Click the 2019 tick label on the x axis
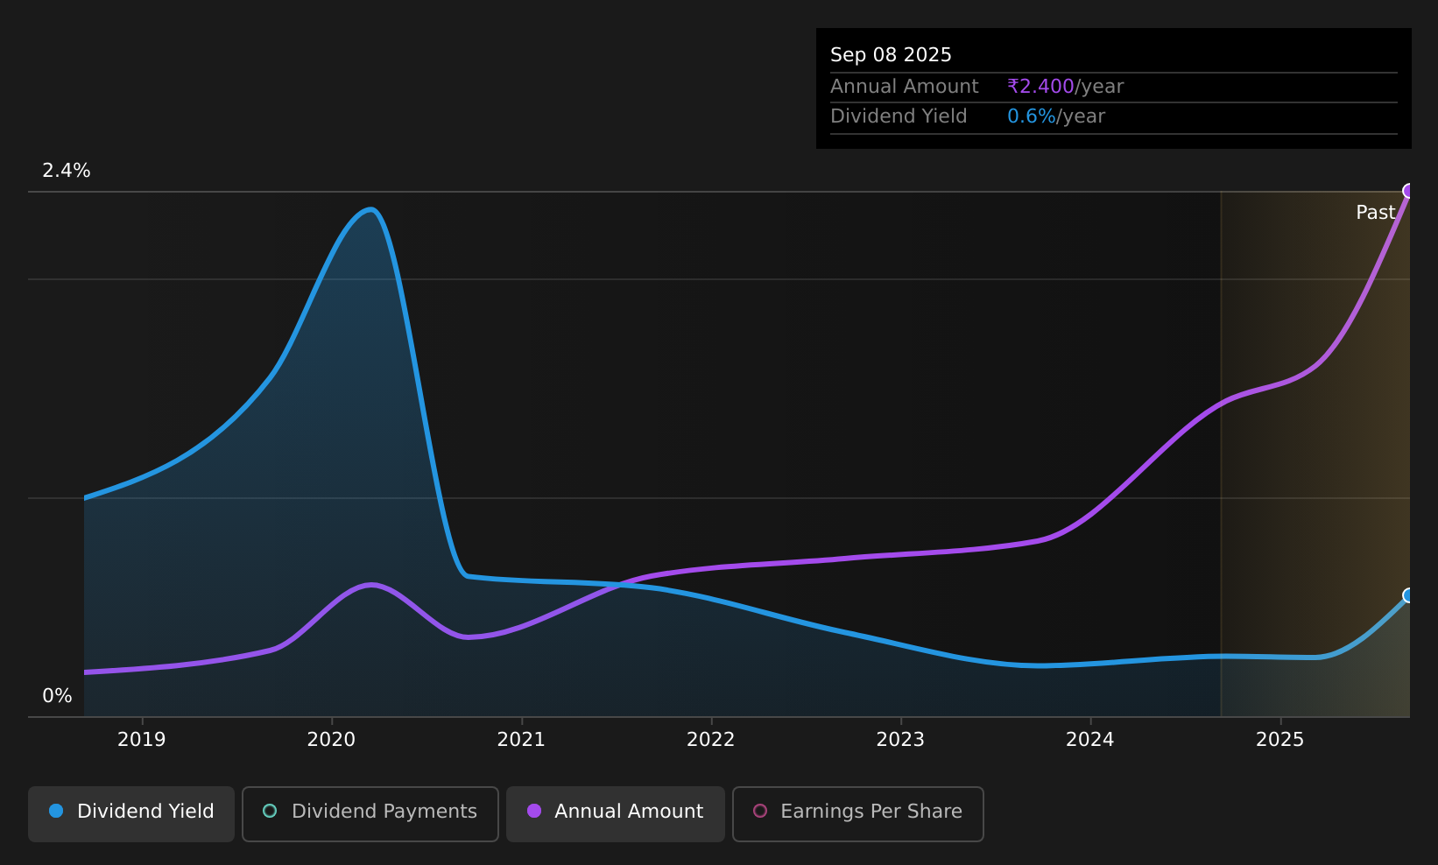pyautogui.click(x=141, y=740)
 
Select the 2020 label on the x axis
pyautogui.click(x=331, y=740)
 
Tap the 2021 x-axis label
pyautogui.click(x=521, y=740)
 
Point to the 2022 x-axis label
pyautogui.click(x=710, y=740)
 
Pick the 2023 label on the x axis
pyautogui.click(x=900, y=740)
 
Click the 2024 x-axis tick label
pyautogui.click(x=1090, y=740)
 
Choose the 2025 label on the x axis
pyautogui.click(x=1280, y=740)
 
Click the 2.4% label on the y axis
pyautogui.click(x=67, y=171)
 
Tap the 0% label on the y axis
pyautogui.click(x=57, y=696)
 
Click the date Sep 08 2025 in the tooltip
pyautogui.click(x=891, y=55)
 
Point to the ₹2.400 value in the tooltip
pyautogui.click(x=1040, y=87)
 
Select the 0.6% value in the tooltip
pyautogui.click(x=1032, y=116)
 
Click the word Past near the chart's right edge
pyautogui.click(x=1376, y=213)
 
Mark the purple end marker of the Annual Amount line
pyautogui.click(x=1408, y=191)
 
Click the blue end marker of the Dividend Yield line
pyautogui.click(x=1408, y=595)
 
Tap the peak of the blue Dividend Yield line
pyautogui.click(x=370, y=209)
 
